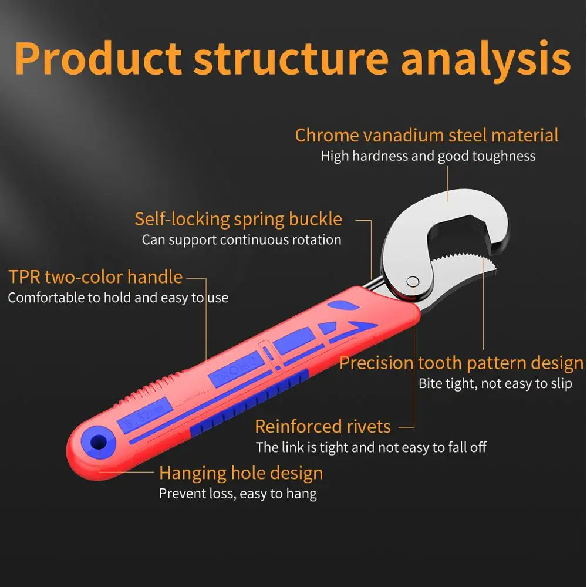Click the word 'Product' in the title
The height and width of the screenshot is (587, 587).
(x=98, y=58)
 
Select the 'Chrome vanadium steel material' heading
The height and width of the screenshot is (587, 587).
(x=427, y=135)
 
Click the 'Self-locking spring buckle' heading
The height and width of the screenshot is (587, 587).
(x=238, y=220)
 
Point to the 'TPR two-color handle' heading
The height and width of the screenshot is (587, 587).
(x=96, y=278)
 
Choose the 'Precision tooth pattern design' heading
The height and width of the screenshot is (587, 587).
(x=461, y=363)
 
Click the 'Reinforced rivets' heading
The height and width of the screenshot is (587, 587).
(x=323, y=426)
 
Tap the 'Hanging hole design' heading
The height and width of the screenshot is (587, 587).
(x=241, y=473)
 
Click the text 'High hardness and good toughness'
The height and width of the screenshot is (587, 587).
(x=429, y=156)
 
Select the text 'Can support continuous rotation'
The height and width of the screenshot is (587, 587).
(x=241, y=240)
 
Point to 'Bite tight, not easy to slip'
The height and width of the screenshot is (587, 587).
(x=495, y=384)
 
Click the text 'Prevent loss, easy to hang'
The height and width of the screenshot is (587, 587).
(x=238, y=494)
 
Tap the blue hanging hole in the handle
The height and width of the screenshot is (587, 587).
(x=99, y=442)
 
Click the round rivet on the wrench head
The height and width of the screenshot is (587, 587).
(x=413, y=282)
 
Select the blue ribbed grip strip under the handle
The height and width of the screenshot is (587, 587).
(x=249, y=404)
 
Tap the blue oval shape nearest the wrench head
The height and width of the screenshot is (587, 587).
(x=343, y=305)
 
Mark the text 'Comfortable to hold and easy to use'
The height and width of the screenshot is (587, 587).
(x=119, y=298)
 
